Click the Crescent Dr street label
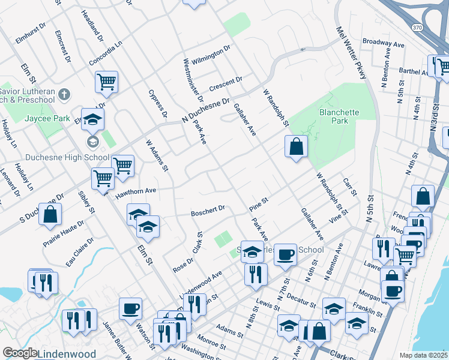coord(226,83)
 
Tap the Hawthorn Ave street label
coord(136,191)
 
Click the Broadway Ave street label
coord(384,44)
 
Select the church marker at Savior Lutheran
coord(65,94)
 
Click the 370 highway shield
coord(418,27)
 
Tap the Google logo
coord(20,353)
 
